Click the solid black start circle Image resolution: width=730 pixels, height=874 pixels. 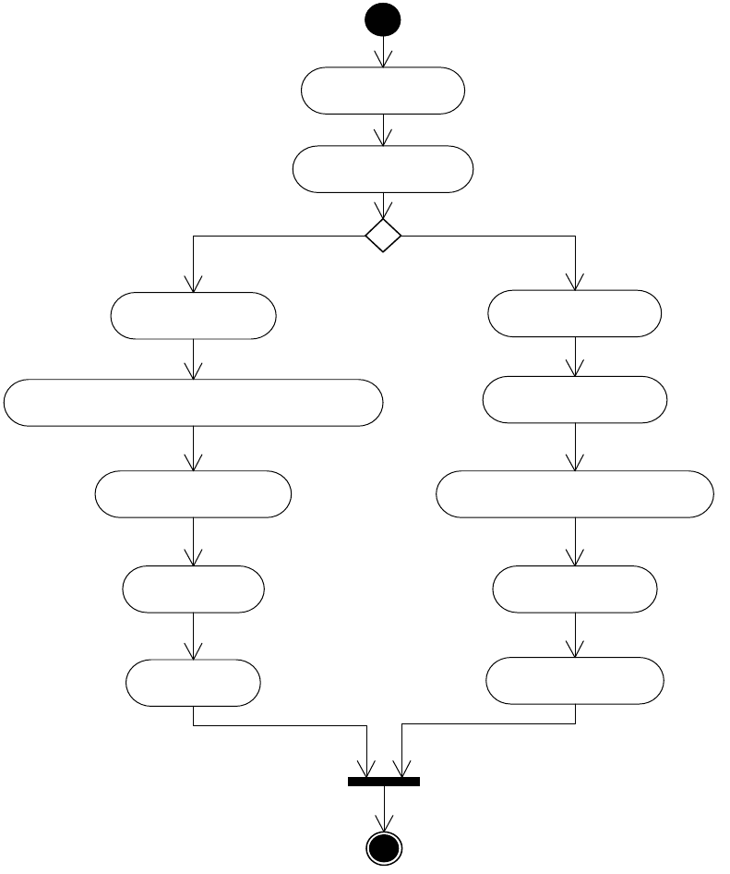tap(383, 19)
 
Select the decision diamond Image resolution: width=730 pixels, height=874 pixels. tap(383, 236)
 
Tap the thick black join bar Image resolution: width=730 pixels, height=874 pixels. tap(383, 782)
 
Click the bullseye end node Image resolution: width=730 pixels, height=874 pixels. tap(383, 848)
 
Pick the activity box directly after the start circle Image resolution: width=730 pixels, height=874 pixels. tap(383, 91)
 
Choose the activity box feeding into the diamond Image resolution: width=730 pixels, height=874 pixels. tap(383, 169)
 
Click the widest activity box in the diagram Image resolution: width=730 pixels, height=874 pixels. tap(193, 402)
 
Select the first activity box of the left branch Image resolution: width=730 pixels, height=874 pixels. tap(193, 315)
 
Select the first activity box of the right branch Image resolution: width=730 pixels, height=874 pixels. tap(574, 313)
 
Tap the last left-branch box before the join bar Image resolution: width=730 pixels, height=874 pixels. tap(193, 683)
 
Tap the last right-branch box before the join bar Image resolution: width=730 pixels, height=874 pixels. tap(574, 681)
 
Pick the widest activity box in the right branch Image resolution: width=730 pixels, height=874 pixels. tap(574, 494)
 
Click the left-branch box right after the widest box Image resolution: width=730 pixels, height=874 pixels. tap(193, 494)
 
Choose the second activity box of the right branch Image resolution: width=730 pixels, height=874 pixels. tap(574, 399)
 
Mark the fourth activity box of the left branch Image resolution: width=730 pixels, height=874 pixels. tap(193, 589)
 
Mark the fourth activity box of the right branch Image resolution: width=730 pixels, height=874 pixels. tap(574, 589)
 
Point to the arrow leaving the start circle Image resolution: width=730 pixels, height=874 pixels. tap(383, 51)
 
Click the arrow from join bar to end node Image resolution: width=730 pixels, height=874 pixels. tap(383, 809)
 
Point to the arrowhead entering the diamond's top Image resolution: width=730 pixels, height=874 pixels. tap(383, 212)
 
